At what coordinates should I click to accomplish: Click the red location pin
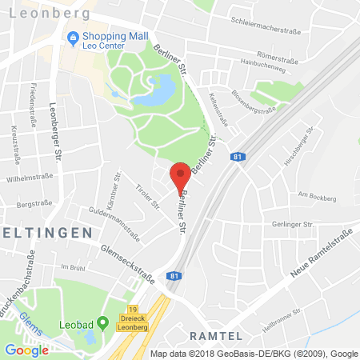tap(181, 175)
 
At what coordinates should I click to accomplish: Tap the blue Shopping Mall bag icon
tap(73, 37)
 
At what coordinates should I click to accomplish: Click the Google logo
tap(26, 349)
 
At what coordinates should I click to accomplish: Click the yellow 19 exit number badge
tap(132, 296)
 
